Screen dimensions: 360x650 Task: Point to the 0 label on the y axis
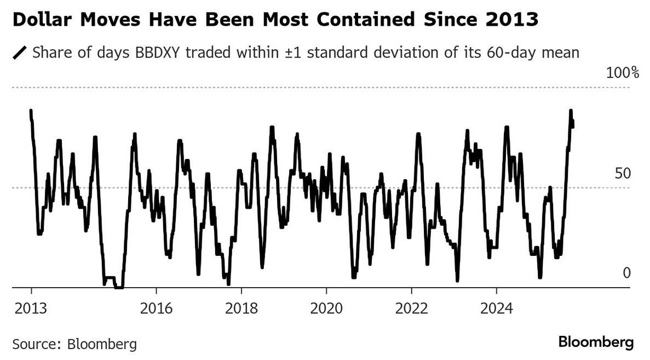(626, 272)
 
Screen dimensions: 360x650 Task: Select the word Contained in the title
(357, 21)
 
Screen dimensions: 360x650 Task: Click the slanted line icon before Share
(20, 53)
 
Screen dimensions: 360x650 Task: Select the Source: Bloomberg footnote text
(74, 345)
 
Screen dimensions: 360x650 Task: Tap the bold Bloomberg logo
(596, 343)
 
